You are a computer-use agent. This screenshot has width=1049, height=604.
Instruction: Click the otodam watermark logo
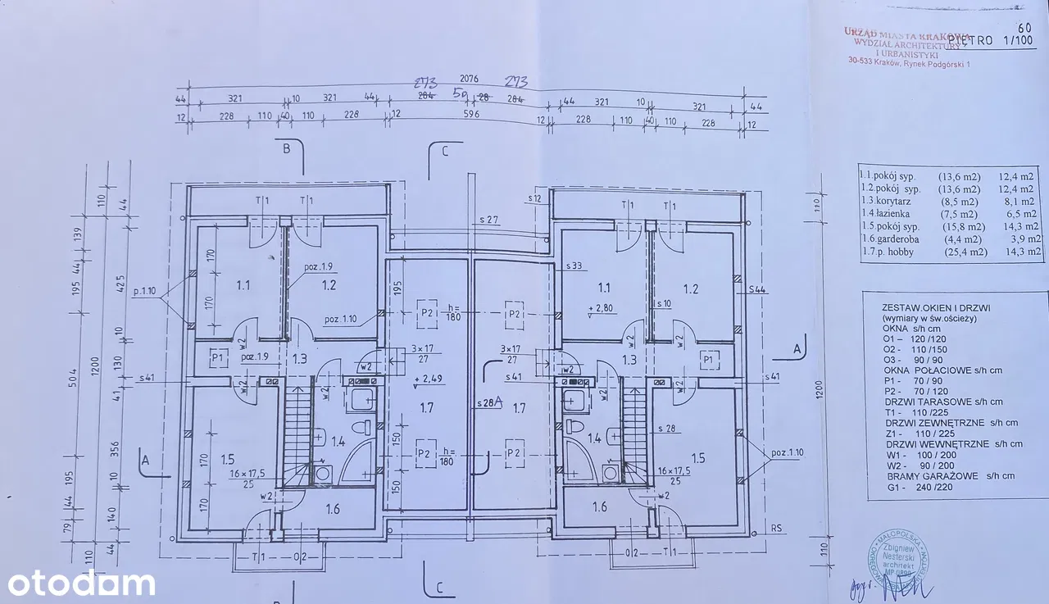81,584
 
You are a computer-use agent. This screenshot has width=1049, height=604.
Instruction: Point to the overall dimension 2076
469,79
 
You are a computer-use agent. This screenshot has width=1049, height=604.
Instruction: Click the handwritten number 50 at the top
460,93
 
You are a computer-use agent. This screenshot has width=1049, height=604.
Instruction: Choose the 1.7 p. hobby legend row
951,252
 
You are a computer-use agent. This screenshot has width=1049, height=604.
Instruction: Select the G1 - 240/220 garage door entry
910,487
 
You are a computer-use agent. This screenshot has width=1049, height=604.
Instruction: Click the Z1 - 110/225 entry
910,434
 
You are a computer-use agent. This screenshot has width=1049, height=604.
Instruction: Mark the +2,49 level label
430,379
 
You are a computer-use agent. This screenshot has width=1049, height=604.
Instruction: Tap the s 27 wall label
489,220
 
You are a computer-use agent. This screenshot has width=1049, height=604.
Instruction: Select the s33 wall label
574,266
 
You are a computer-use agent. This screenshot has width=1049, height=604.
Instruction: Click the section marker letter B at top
286,149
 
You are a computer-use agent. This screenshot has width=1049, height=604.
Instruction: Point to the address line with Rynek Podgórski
907,65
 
